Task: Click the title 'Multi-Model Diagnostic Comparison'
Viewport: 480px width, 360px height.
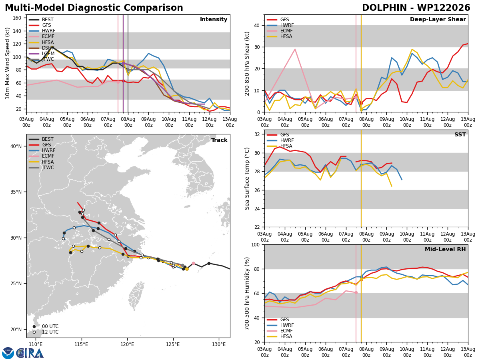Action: point(94,8)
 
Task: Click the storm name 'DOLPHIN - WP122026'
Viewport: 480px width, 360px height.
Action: point(416,8)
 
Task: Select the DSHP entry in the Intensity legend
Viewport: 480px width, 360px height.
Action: point(41,48)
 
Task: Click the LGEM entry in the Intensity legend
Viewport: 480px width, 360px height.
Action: point(41,54)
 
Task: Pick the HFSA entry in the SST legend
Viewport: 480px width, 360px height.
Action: point(280,146)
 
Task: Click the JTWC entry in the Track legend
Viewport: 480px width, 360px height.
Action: point(41,168)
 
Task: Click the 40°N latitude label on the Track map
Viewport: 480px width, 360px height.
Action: point(16,146)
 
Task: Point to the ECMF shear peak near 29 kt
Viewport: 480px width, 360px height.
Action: point(295,49)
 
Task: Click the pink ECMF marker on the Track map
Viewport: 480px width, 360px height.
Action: point(193,263)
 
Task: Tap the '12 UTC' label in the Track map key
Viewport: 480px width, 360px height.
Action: point(50,332)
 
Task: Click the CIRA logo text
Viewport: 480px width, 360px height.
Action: point(30,353)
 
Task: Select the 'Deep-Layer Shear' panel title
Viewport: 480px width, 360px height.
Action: point(438,19)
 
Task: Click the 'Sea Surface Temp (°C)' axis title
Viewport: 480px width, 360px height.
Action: point(247,178)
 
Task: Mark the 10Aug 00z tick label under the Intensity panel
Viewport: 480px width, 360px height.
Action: point(169,122)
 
